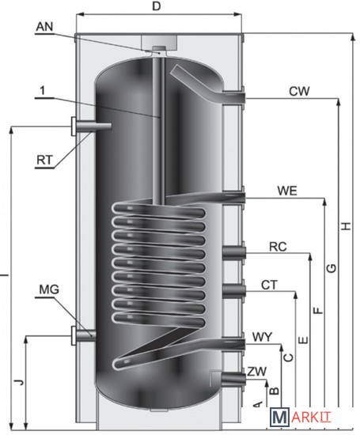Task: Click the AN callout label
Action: point(44,27)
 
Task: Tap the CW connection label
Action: point(299,91)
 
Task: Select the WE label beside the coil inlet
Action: point(287,191)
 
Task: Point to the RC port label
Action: point(278,247)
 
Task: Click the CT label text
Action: point(269,285)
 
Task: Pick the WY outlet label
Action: point(263,337)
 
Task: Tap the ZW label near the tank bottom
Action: point(256,372)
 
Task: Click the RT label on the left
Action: point(44,160)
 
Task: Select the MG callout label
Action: point(49,289)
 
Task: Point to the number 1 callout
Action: point(42,91)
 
